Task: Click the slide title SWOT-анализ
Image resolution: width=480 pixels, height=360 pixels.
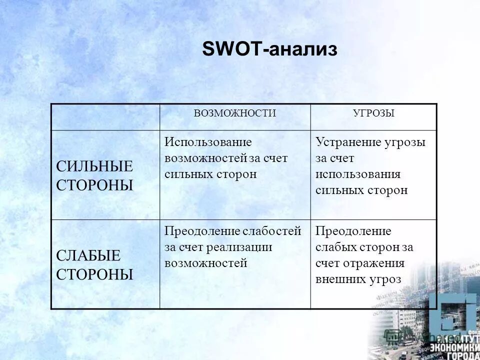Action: click(x=269, y=49)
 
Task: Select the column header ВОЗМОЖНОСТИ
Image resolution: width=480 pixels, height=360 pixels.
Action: click(x=235, y=113)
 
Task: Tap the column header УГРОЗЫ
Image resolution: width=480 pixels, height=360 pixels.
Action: click(x=373, y=113)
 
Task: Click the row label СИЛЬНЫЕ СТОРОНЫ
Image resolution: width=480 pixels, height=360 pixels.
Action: click(x=94, y=176)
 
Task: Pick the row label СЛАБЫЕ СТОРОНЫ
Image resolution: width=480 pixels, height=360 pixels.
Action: click(x=94, y=265)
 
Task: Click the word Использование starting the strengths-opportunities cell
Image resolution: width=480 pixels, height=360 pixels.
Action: click(x=208, y=142)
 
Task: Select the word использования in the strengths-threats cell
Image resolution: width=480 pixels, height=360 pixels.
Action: click(x=358, y=174)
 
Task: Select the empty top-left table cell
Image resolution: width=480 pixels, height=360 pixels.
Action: click(x=105, y=117)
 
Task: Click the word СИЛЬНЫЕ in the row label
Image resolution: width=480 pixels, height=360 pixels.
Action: click(x=94, y=166)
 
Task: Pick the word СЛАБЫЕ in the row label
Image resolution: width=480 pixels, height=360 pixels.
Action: click(x=88, y=256)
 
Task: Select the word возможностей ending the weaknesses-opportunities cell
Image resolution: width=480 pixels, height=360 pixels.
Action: click(x=206, y=263)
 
